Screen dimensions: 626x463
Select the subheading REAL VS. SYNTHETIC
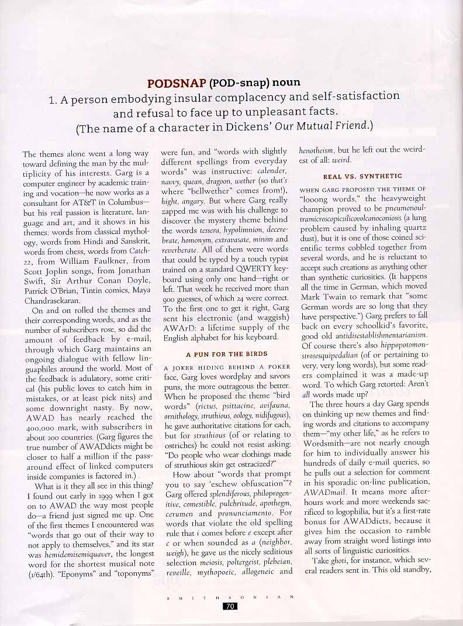362,176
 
